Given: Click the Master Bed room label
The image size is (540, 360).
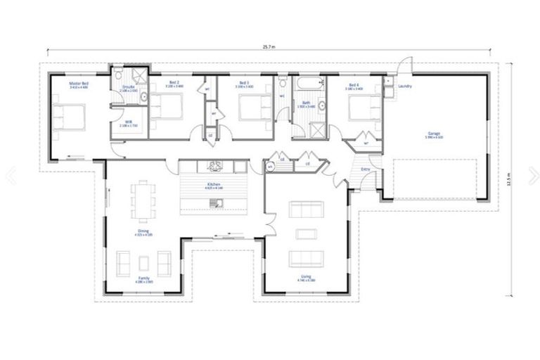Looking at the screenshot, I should coord(77,83).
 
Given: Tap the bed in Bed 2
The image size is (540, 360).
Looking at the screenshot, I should coord(168,108).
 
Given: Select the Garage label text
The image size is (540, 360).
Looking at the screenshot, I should coord(434,134).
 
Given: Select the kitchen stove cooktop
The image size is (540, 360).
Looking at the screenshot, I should coord(214,167).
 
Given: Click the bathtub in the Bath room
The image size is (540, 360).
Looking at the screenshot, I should coord(308,86).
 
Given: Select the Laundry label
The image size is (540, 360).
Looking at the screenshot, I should coord(404,86).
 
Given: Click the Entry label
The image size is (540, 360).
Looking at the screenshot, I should coord(365,169).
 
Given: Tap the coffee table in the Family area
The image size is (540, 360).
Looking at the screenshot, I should coord(144,262).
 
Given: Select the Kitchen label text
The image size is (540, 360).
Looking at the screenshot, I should coord(213,186).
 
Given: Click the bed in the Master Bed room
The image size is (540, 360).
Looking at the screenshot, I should coord(67,117).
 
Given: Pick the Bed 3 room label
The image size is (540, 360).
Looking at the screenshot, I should coord(244,83).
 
